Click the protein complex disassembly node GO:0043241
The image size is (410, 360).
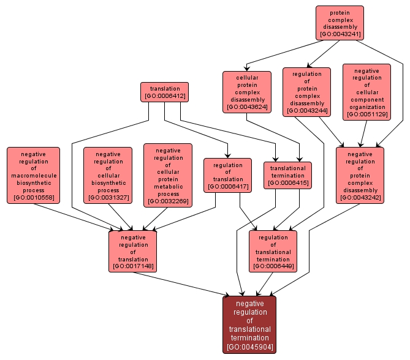pyautogui.click(x=340, y=22)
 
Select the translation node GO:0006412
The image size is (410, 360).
pyautogui.click(x=164, y=92)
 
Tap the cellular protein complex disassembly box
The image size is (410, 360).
pyautogui.click(x=246, y=91)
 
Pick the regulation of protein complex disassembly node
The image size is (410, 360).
pyautogui.click(x=306, y=91)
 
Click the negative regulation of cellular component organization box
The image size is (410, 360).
pyautogui.click(x=366, y=92)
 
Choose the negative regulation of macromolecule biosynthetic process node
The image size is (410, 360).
pyautogui.click(x=34, y=174)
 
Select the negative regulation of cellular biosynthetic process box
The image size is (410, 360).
pyautogui.click(x=108, y=174)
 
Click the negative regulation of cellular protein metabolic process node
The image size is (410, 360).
pyautogui.click(x=168, y=174)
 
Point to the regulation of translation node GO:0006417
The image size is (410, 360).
pyautogui.click(x=227, y=175)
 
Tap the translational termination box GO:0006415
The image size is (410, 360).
pyautogui.click(x=287, y=175)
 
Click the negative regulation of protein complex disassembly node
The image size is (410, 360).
pyautogui.click(x=360, y=174)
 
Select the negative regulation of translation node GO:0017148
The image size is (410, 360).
pyautogui.click(x=133, y=251)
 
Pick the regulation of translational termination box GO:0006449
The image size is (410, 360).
pyautogui.click(x=273, y=251)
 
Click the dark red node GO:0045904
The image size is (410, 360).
pyautogui.click(x=249, y=324)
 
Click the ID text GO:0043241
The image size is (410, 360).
pyautogui.click(x=340, y=34)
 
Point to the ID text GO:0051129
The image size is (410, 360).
pyautogui.click(x=366, y=114)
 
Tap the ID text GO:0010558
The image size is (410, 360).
pyautogui.click(x=34, y=197)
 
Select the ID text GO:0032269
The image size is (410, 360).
pyautogui.click(x=168, y=201)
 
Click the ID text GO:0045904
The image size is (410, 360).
pyautogui.click(x=249, y=347)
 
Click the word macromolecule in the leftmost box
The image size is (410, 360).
pyautogui.click(x=34, y=175)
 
